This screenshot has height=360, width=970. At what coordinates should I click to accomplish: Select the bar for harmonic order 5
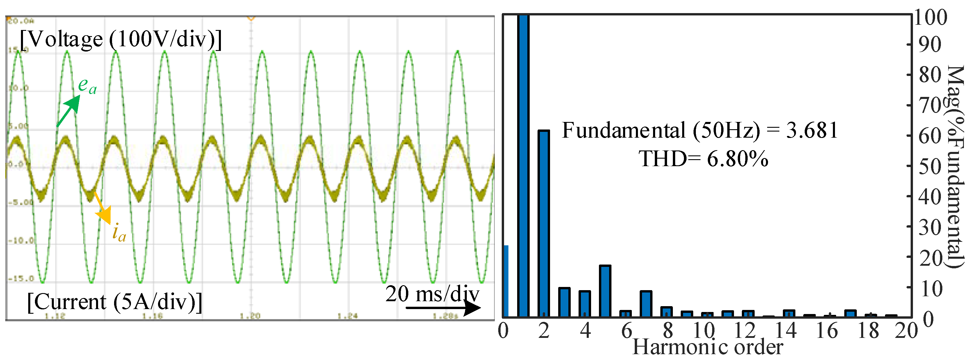point(605,291)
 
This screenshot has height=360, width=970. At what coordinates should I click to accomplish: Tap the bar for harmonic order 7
point(646,304)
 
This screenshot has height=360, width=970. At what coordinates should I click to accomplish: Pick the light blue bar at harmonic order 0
point(506,281)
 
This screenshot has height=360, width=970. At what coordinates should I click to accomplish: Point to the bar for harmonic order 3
point(564,302)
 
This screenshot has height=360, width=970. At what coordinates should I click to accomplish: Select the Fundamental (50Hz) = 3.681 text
point(700,131)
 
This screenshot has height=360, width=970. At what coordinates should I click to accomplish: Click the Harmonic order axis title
point(707,347)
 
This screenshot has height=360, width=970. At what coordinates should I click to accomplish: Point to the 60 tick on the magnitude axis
point(930,136)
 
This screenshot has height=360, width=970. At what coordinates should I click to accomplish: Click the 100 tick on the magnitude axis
point(930,18)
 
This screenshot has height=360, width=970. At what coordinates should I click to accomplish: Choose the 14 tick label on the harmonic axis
point(785,331)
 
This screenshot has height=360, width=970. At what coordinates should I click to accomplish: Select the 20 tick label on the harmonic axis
point(906,331)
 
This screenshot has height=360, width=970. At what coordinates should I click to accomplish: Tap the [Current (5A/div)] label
point(114,302)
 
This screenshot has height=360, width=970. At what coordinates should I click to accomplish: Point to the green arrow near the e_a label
point(68,111)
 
